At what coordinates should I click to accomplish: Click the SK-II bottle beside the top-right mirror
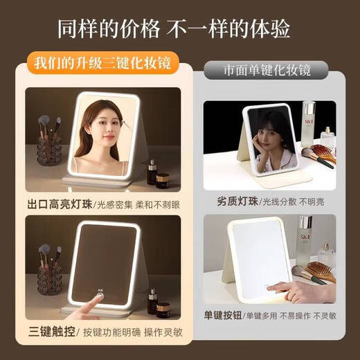click(307, 129)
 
